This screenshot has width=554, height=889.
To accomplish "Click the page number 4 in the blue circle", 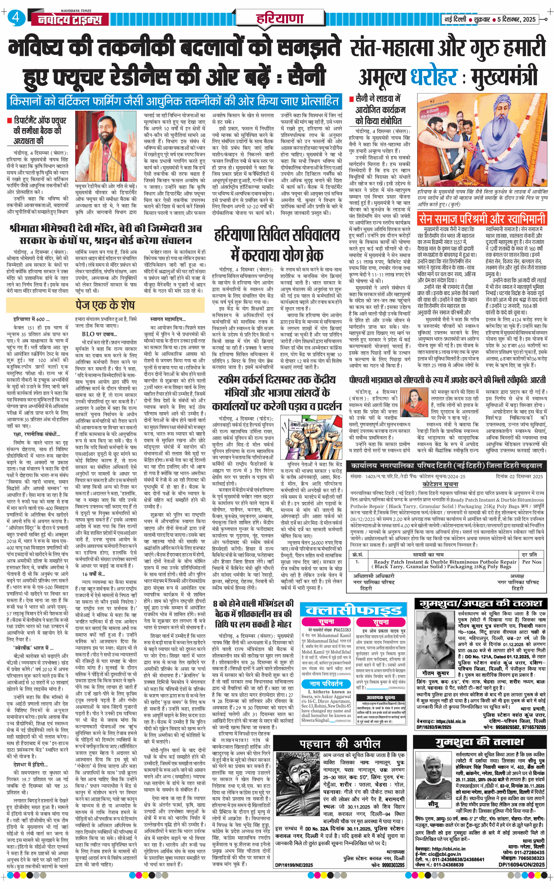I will pyautogui.click(x=16, y=17).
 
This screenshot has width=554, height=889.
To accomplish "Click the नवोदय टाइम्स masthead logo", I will pyautogui.click(x=70, y=19).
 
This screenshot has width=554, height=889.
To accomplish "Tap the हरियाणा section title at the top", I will pyautogui.click(x=280, y=18).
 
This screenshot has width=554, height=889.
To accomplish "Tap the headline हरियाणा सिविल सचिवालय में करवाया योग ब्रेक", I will pyautogui.click(x=277, y=245).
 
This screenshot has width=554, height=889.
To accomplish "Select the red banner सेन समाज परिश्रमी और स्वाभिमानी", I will pyautogui.click(x=482, y=219).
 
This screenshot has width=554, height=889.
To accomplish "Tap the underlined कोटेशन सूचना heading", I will pyautogui.click(x=440, y=484).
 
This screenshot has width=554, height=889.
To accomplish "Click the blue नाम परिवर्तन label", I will pyautogui.click(x=326, y=684).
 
